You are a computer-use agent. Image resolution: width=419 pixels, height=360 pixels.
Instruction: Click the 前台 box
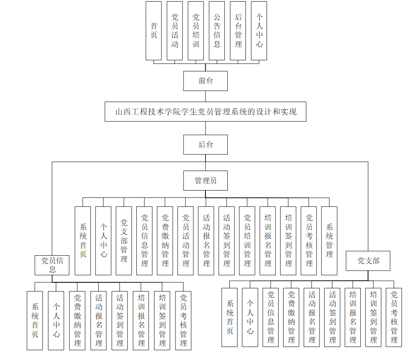[x=205, y=81]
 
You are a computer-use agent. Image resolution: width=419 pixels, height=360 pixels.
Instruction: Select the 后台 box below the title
[x=205, y=144]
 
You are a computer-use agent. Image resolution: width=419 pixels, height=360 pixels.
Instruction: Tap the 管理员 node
[x=205, y=180]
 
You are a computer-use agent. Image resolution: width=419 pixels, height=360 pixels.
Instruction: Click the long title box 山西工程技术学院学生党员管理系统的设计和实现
[x=205, y=112]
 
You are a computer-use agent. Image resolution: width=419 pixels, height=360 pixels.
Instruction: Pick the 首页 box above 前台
[x=154, y=31]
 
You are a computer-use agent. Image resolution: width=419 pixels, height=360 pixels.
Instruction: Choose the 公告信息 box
[x=217, y=31]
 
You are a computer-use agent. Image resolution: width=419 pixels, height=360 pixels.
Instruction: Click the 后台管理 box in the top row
[x=238, y=31]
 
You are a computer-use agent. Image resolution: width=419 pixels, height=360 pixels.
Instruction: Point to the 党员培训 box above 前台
[x=196, y=31]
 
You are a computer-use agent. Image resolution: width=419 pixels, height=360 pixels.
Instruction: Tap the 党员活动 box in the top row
[x=175, y=31]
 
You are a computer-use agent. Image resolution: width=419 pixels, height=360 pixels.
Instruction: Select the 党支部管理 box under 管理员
[x=124, y=241]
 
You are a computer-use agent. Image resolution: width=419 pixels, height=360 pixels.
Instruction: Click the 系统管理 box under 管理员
[x=329, y=241]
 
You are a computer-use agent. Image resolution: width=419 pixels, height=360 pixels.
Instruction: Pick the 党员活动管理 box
[x=186, y=241]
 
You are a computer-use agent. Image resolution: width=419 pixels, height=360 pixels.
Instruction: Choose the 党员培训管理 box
[x=247, y=241]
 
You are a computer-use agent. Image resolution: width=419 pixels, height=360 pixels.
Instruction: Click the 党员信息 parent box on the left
[x=52, y=265]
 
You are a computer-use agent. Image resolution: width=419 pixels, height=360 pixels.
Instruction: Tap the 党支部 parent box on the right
[x=368, y=261]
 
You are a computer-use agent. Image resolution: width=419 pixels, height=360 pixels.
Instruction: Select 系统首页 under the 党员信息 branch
[x=35, y=320]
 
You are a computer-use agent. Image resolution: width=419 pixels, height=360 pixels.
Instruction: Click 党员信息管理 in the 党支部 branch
[x=271, y=317]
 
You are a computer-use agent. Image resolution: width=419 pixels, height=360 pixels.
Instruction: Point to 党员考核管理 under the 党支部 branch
[x=394, y=317]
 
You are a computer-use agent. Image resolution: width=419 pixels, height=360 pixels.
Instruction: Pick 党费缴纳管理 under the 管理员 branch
[x=165, y=241]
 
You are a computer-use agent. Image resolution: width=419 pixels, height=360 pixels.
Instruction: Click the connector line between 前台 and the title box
[x=205, y=96]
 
